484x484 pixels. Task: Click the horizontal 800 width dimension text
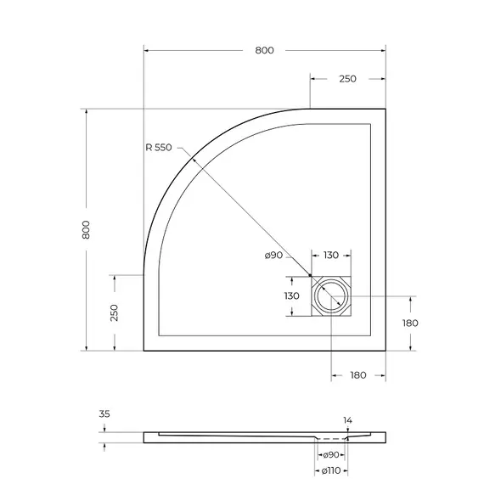tap(264, 51)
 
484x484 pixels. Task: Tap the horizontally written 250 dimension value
tap(347, 79)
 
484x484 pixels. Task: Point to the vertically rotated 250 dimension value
tap(114, 312)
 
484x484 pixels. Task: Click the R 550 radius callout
tap(158, 148)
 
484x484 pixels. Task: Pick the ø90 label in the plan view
tap(273, 256)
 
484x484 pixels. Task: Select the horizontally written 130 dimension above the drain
tap(331, 256)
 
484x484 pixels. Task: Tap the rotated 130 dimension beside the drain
tap(291, 295)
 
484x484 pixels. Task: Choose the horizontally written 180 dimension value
tap(357, 375)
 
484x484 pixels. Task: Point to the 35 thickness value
tap(104, 414)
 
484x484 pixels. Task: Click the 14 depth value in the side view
tap(346, 420)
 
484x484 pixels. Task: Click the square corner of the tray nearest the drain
tap(386, 350)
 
